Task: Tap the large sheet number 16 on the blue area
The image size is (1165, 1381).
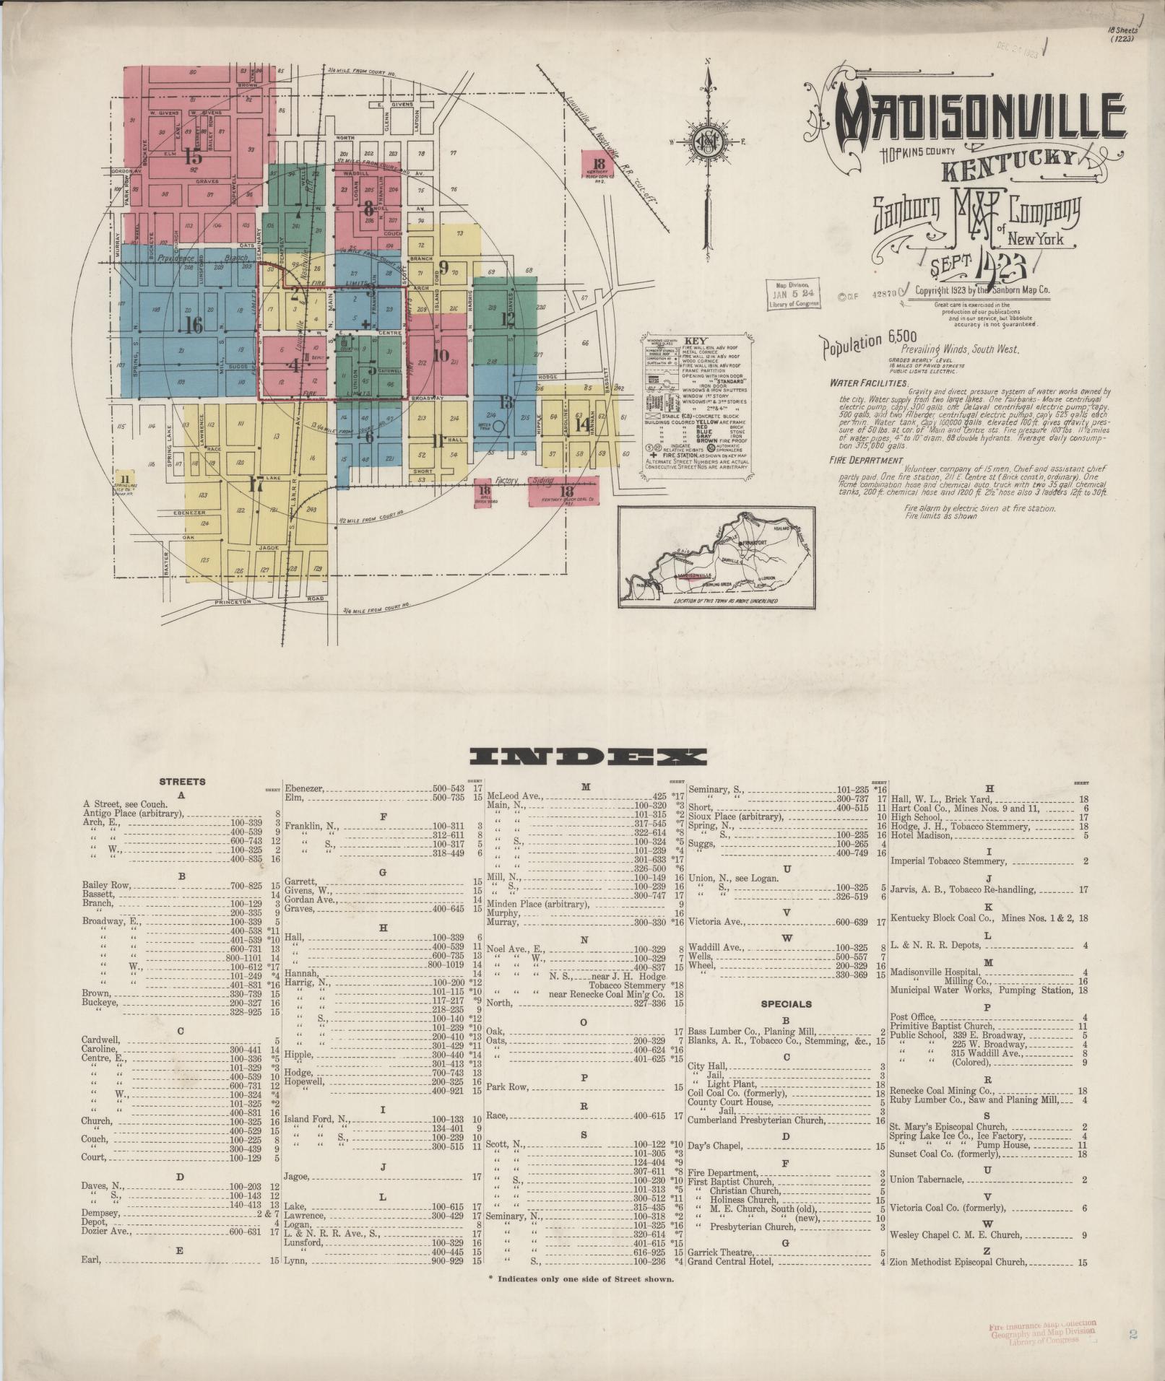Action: [x=193, y=325]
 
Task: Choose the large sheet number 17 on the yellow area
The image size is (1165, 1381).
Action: [x=255, y=484]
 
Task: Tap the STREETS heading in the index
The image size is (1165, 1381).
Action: [x=182, y=781]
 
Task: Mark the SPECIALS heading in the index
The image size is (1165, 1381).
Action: [x=786, y=1003]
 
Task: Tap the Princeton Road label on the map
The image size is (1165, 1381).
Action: [x=269, y=601]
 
